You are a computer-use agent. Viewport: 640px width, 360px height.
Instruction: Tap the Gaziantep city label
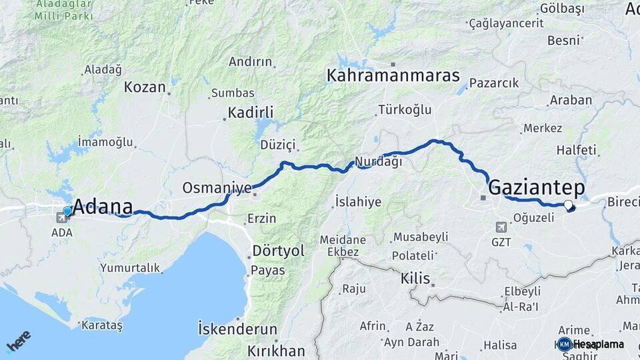tap(537, 187)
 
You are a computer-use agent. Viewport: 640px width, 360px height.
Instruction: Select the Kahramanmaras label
tap(393, 75)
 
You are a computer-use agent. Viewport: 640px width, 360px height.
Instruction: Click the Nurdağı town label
tap(378, 161)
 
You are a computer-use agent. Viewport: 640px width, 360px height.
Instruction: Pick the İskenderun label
tap(237, 329)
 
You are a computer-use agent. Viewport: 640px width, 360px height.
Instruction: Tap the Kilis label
tap(415, 277)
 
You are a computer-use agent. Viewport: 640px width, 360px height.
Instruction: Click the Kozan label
tap(145, 87)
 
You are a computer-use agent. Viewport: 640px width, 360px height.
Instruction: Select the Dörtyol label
tap(278, 251)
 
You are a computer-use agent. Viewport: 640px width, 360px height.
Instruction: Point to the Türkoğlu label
tap(405, 110)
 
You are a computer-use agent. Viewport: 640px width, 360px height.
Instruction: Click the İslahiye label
tap(358, 201)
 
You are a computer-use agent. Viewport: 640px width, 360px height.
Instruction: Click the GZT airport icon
tap(501, 227)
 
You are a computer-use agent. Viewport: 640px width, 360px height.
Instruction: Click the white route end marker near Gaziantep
tap(568, 205)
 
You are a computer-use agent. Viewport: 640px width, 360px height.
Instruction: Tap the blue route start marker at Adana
tap(67, 211)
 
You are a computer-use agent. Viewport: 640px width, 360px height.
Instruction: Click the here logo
tap(18, 341)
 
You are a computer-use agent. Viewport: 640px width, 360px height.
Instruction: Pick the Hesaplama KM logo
tap(591, 344)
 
